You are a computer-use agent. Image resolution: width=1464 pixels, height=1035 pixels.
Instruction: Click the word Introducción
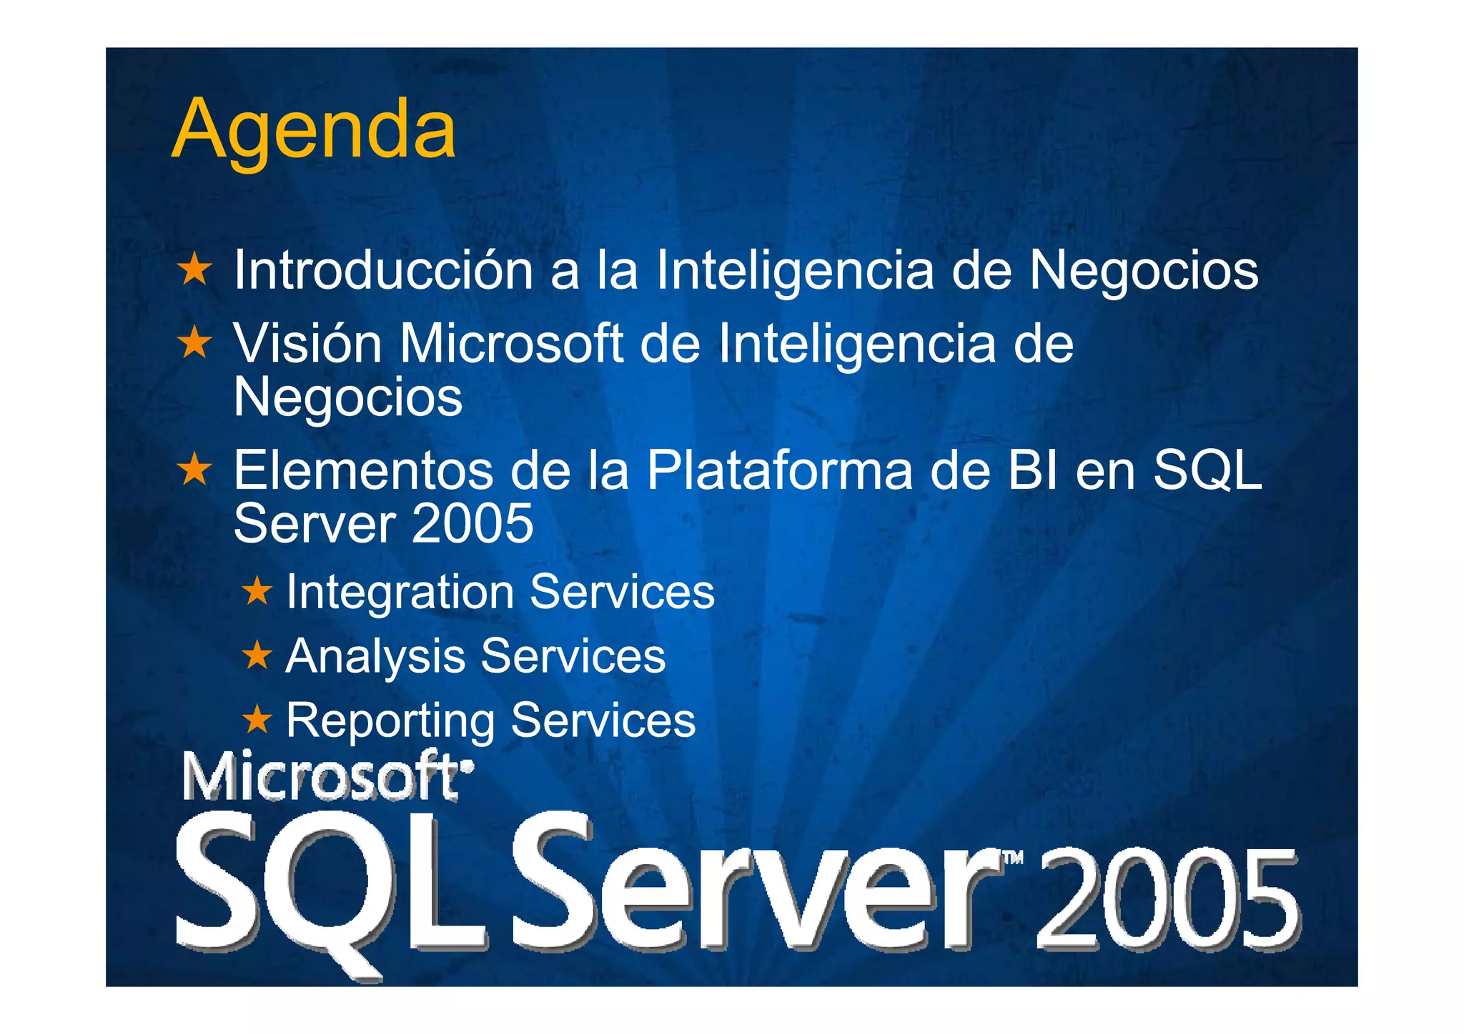[383, 270]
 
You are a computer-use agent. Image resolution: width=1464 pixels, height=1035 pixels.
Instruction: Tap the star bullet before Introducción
[194, 269]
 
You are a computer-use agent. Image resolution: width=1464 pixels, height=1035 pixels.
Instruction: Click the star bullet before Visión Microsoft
[194, 342]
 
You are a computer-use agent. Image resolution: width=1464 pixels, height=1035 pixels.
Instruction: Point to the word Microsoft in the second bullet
[511, 344]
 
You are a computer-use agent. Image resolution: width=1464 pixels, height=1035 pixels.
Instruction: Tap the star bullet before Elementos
[194, 470]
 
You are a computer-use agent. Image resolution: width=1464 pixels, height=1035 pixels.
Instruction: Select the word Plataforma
[780, 470]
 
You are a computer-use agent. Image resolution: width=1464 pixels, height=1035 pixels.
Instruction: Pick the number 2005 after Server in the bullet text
[472, 523]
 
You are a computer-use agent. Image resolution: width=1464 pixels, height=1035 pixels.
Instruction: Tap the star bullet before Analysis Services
[257, 655]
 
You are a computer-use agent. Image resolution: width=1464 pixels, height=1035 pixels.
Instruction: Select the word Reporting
[390, 720]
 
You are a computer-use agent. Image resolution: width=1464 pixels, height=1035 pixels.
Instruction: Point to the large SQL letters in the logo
[329, 886]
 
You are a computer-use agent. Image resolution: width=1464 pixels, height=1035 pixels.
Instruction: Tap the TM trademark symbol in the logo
[1014, 858]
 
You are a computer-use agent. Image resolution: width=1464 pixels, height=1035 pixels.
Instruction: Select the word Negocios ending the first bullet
[1143, 270]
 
